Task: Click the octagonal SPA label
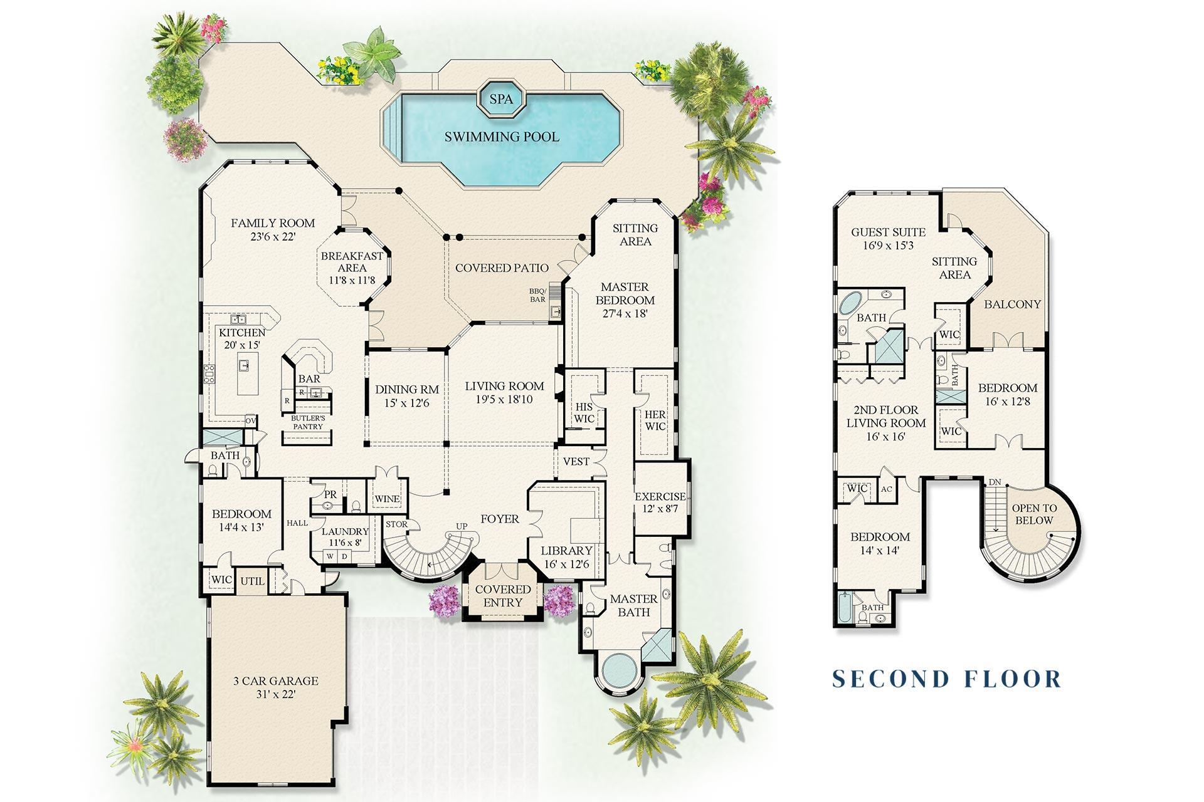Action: click(x=501, y=99)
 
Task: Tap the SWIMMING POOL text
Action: click(x=502, y=137)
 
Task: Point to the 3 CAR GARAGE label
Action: click(x=276, y=681)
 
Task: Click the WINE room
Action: click(x=387, y=499)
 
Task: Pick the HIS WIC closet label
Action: click(x=584, y=413)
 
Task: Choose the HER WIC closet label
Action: click(x=655, y=420)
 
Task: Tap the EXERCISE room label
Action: click(x=660, y=497)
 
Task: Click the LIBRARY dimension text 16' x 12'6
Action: click(x=567, y=564)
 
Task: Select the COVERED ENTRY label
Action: click(x=503, y=596)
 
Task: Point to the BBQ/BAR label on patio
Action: click(x=537, y=295)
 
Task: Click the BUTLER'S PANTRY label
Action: click(x=308, y=422)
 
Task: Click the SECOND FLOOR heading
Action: click(x=946, y=679)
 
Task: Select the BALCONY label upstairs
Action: click(x=1012, y=305)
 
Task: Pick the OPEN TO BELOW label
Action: click(x=1034, y=514)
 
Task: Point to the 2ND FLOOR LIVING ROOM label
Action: click(x=885, y=423)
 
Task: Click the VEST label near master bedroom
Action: click(x=576, y=462)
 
